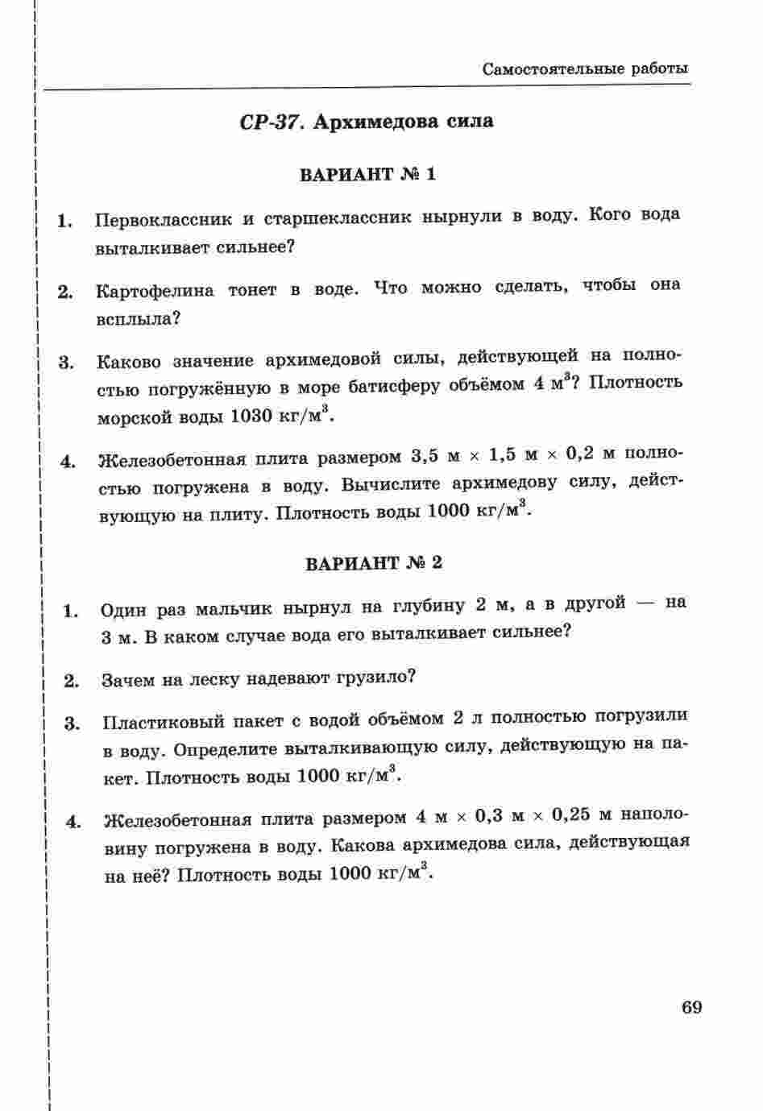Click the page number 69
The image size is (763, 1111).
[x=691, y=1007]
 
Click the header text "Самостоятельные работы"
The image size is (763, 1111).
[x=585, y=68]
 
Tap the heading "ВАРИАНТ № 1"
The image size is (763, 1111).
[x=367, y=174]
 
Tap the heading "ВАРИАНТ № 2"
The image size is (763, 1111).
[x=374, y=562]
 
